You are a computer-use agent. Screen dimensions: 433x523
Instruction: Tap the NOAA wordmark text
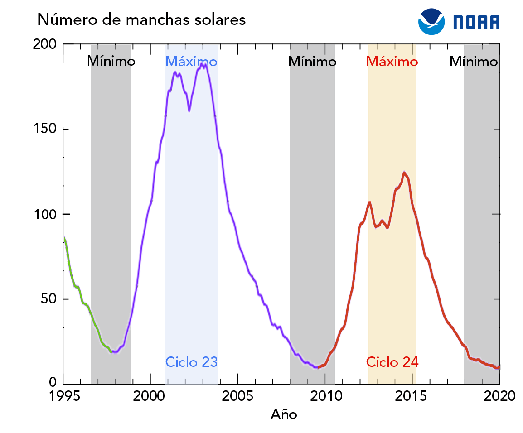(x=476, y=22)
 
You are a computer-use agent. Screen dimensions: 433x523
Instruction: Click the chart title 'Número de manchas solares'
(x=141, y=19)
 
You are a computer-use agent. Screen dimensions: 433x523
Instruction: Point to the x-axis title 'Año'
(x=284, y=414)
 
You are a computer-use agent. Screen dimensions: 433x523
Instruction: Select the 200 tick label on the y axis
(x=44, y=44)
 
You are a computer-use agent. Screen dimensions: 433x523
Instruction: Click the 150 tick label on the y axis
(x=44, y=129)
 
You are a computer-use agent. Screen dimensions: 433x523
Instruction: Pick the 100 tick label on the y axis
(x=44, y=214)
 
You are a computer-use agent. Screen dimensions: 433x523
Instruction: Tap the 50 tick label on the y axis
(x=48, y=299)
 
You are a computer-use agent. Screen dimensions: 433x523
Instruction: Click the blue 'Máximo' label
(x=191, y=61)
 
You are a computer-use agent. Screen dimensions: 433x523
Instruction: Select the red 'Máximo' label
(x=392, y=61)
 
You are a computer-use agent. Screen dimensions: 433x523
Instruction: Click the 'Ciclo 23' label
(x=191, y=362)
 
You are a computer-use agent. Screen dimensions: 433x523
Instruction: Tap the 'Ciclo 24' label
(x=392, y=362)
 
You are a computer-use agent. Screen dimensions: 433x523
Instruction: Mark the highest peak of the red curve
(x=404, y=173)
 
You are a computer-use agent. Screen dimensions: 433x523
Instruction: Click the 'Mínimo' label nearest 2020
(x=474, y=61)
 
